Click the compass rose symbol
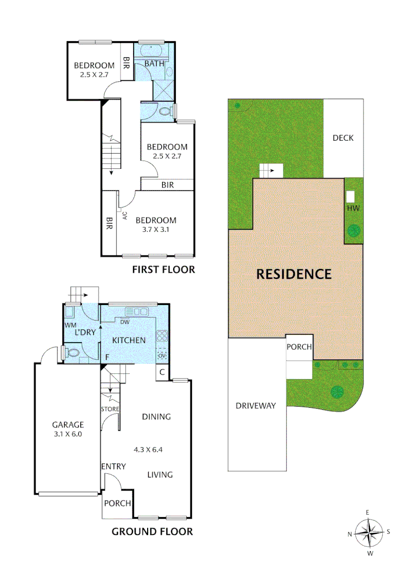[x=369, y=532]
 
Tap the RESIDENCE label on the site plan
[x=294, y=274]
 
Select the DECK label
[x=343, y=138]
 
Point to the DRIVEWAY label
[x=255, y=406]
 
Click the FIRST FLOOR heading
[x=163, y=270]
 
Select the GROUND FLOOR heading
[x=152, y=532]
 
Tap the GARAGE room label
[x=68, y=425]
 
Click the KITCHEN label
[x=129, y=340]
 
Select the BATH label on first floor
[x=154, y=64]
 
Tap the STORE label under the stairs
[x=110, y=409]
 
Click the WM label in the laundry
[x=70, y=325]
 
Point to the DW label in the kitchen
[x=125, y=322]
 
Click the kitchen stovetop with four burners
[x=162, y=336]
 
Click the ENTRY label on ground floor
[x=113, y=466]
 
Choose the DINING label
[x=156, y=416]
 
